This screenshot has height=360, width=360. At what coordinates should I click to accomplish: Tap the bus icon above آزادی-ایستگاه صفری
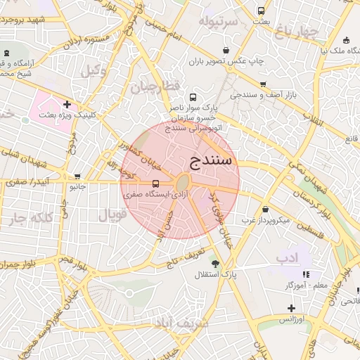pyautogui.click(x=155, y=184)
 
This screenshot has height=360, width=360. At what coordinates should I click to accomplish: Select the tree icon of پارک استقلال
pyautogui.click(x=215, y=264)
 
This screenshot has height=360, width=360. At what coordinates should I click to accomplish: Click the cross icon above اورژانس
pyautogui.click(x=291, y=308)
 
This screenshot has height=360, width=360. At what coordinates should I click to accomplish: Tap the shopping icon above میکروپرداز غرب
pyautogui.click(x=265, y=210)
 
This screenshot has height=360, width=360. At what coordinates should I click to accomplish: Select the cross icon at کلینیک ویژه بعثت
pyautogui.click(x=67, y=104)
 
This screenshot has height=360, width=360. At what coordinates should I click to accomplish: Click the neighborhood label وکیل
pyautogui.click(x=93, y=70)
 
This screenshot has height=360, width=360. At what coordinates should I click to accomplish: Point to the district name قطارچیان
pyautogui.click(x=150, y=87)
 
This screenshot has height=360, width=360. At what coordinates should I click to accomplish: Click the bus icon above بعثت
pyautogui.click(x=261, y=11)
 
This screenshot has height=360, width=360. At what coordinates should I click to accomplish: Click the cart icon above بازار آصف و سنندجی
pyautogui.click(x=262, y=84)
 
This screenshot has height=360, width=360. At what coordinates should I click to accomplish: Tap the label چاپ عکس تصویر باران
pyautogui.click(x=225, y=60)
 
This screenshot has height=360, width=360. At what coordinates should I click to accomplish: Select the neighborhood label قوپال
pyautogui.click(x=112, y=216)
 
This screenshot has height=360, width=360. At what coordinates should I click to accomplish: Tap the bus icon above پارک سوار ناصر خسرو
pyautogui.click(x=193, y=98)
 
